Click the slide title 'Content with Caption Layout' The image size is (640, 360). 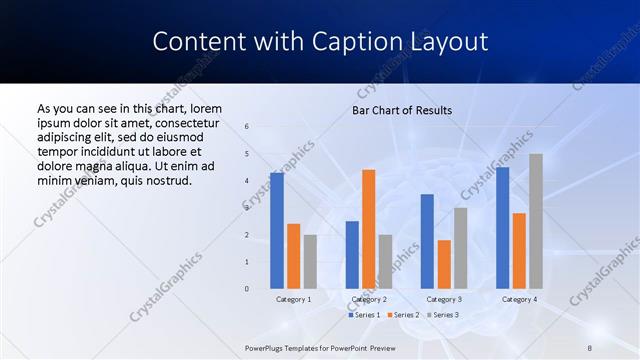coord(320,42)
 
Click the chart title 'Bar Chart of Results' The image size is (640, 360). coord(401,110)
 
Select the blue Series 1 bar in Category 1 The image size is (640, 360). coord(276,230)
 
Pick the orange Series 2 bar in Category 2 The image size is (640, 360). coord(369,229)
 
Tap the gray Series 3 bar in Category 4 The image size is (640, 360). coord(536,221)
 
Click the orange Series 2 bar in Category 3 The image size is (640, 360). coord(444,264)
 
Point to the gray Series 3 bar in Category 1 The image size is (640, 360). coord(310,261)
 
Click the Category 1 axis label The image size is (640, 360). coord(293,299)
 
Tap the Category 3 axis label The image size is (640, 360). coord(444,299)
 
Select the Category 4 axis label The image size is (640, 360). coord(519,299)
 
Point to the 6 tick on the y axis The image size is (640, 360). coord(247,126)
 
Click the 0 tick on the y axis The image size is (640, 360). coord(247,289)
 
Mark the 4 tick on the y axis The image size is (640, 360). coord(247,181)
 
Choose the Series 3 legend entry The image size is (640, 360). coord(443,315)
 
